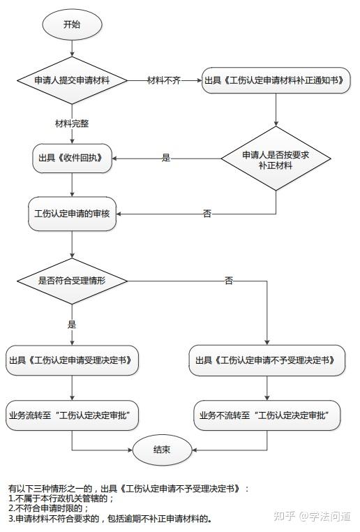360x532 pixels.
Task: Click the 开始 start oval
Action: pyautogui.click(x=73, y=24)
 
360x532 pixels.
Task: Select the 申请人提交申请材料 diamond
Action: pyautogui.click(x=73, y=80)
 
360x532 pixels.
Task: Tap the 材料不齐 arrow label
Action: pyautogui.click(x=164, y=81)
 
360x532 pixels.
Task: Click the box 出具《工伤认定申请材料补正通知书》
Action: pyautogui.click(x=276, y=81)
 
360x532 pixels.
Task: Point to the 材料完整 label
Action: pyautogui.click(x=72, y=124)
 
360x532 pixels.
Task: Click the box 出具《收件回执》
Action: pyautogui.click(x=73, y=158)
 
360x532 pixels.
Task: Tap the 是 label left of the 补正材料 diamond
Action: pyautogui.click(x=166, y=158)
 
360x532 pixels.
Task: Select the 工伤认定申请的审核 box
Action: pyautogui.click(x=73, y=213)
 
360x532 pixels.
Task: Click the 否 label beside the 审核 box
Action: pyautogui.click(x=207, y=214)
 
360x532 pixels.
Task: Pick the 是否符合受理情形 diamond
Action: pyautogui.click(x=73, y=281)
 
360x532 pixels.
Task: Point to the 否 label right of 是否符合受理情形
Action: pyautogui.click(x=229, y=281)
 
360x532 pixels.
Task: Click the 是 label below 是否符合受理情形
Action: pyautogui.click(x=72, y=325)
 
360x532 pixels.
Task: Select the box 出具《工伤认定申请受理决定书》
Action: pyautogui.click(x=73, y=361)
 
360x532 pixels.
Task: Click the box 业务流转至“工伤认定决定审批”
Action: pyautogui.click(x=73, y=415)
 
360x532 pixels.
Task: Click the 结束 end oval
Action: pyautogui.click(x=162, y=450)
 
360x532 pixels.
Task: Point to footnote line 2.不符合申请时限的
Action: pyautogui.click(x=49, y=508)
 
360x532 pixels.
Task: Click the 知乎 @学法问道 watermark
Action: pyautogui.click(x=313, y=517)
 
